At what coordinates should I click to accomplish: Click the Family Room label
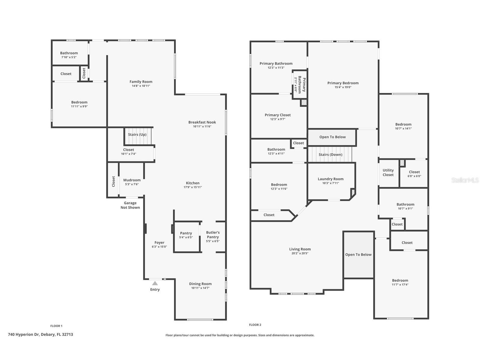coord(141,82)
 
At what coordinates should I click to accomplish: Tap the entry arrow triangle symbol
coord(155,283)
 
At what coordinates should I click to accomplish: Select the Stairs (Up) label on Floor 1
coord(137,134)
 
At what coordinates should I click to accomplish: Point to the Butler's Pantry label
coord(213,235)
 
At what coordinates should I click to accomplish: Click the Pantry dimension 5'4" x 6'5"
coord(186,237)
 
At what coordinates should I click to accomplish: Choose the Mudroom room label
coord(132,180)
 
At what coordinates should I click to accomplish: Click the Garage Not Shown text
coord(130,205)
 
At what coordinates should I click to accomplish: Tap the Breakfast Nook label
coord(202,122)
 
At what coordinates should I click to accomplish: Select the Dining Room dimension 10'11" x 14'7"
coord(200,288)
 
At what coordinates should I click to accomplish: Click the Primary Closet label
coord(277,115)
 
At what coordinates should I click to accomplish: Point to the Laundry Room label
coord(331,179)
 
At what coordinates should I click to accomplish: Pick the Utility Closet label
coord(388,172)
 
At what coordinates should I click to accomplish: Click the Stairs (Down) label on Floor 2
coord(330,154)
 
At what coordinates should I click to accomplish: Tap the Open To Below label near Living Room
coord(358,254)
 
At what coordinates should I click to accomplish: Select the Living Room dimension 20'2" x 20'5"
coord(300,253)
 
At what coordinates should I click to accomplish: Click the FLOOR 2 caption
coord(255,325)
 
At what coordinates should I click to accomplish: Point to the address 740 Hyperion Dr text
coord(40,334)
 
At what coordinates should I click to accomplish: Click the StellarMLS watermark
coord(465,180)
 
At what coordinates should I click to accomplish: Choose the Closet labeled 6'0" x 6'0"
coord(414,176)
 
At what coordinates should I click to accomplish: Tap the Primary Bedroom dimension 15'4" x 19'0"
coord(343,87)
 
